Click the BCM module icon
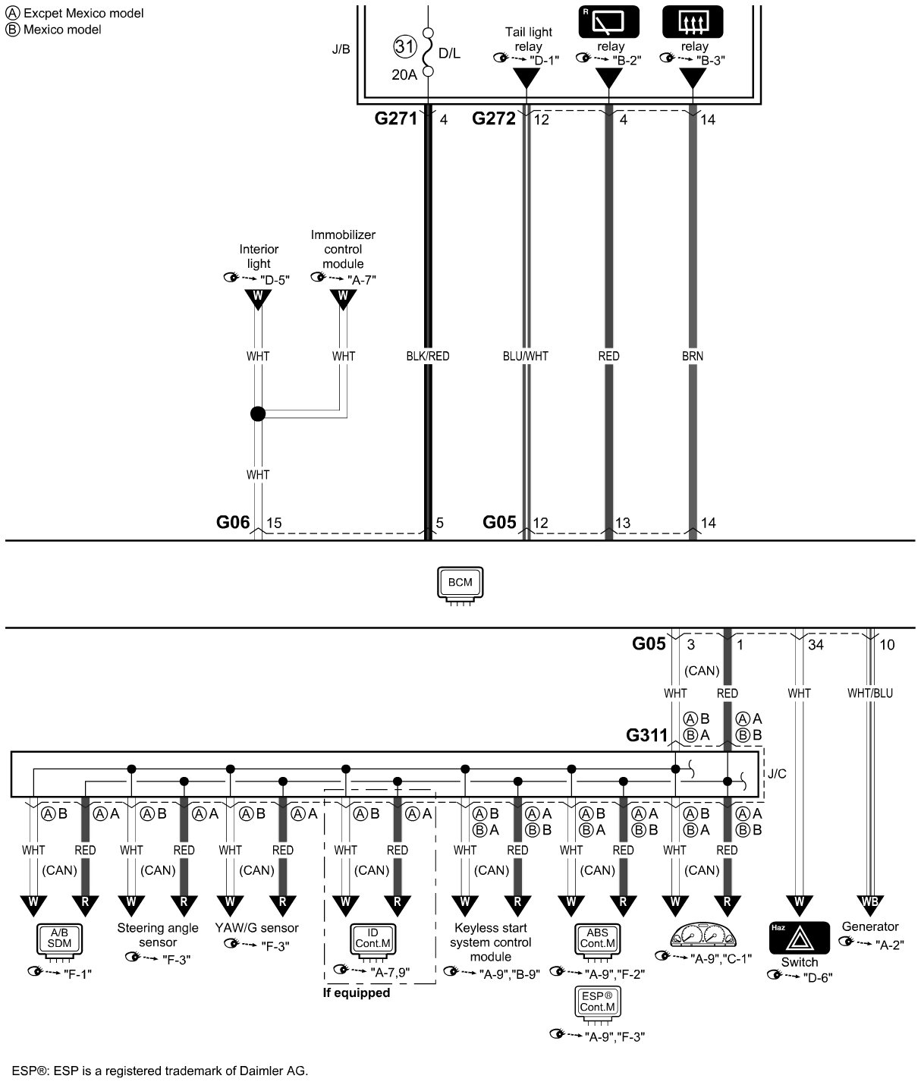click(x=460, y=584)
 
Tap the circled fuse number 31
click(x=405, y=47)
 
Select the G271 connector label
click(x=396, y=119)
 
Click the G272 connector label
click(x=494, y=119)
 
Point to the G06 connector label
click(x=233, y=523)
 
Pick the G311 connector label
click(x=646, y=735)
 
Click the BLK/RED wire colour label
click(x=428, y=356)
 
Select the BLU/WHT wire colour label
click(x=525, y=356)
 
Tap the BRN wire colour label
click(x=692, y=356)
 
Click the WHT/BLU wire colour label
click(x=870, y=693)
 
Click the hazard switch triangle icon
click(x=799, y=939)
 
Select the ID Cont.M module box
click(x=372, y=939)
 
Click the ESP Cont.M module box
click(x=597, y=1002)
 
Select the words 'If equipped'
click(x=356, y=992)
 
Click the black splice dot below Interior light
click(x=258, y=414)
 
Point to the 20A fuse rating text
click(x=404, y=74)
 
